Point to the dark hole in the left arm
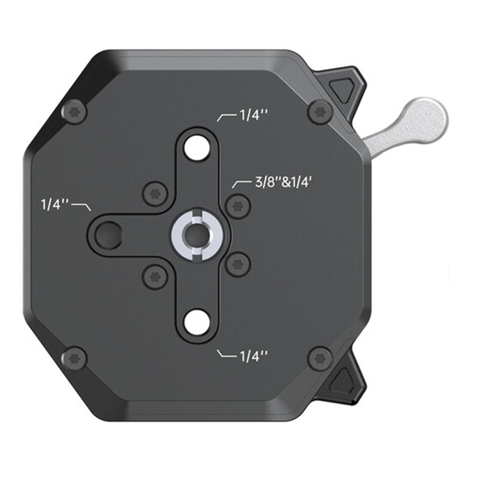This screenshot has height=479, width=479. (x=108, y=234)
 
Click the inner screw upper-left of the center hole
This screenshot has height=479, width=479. (x=154, y=192)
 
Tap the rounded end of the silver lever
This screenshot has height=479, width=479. (x=428, y=116)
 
